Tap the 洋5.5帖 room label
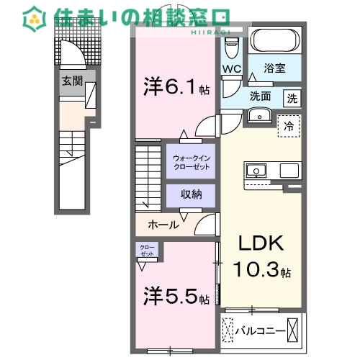(175, 296)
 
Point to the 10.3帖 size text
(261, 271)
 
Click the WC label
(231, 70)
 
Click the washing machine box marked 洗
(292, 96)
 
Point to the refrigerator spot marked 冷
(289, 126)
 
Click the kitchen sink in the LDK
(256, 171)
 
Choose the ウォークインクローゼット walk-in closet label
(191, 163)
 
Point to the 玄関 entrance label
(70, 81)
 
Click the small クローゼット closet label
(147, 251)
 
